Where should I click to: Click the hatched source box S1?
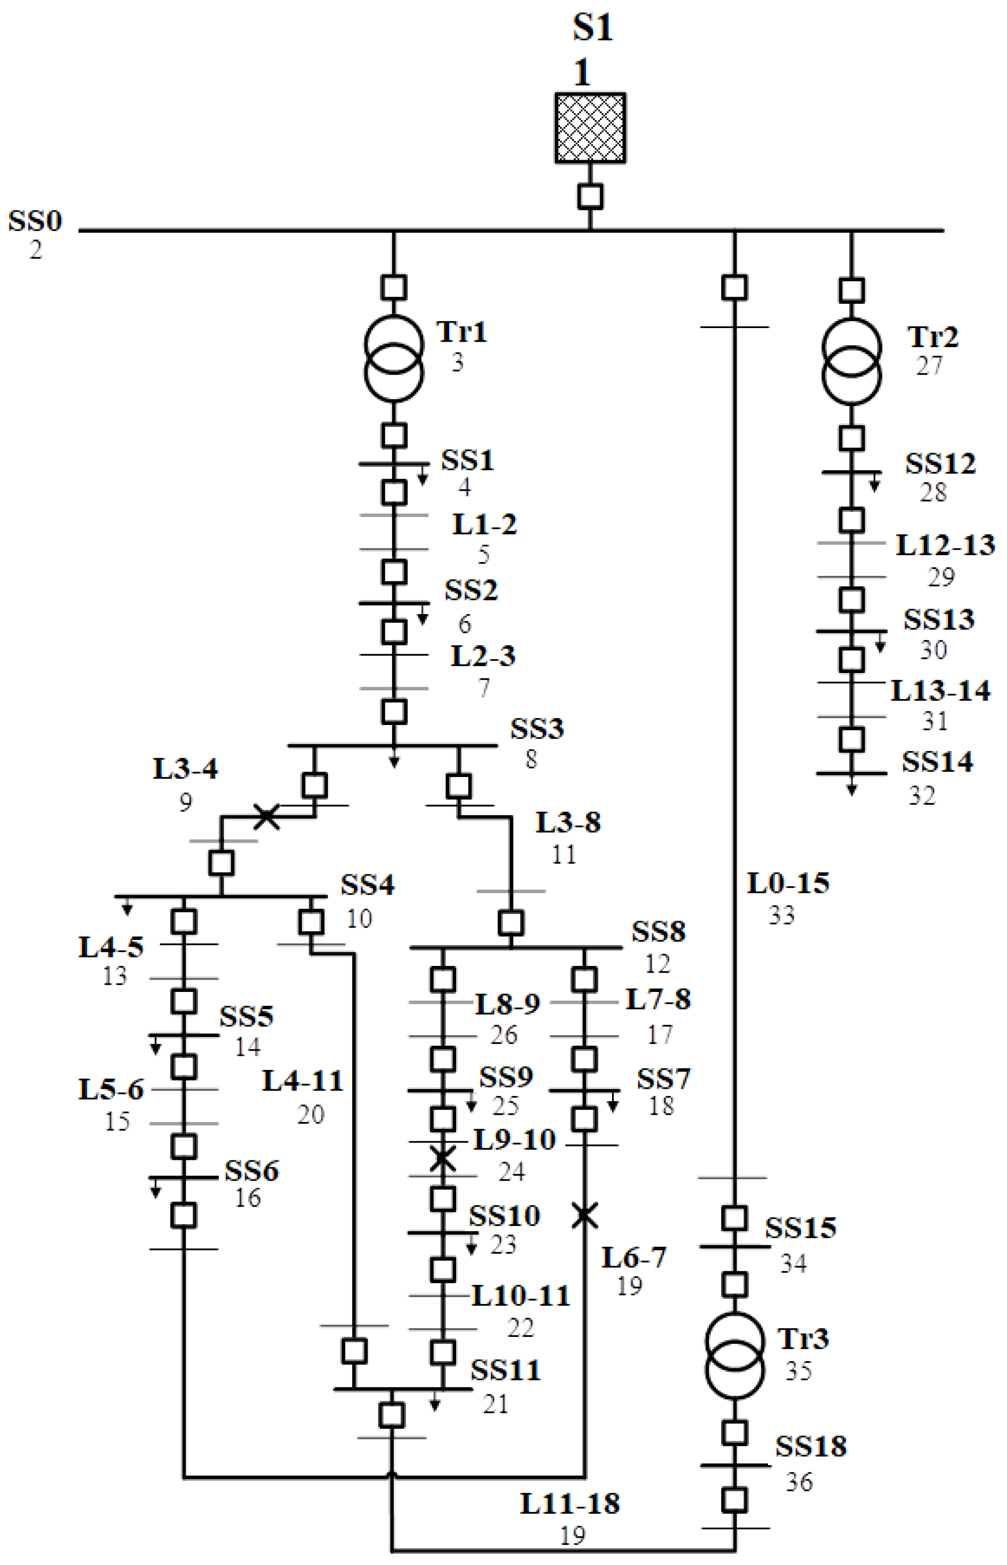(590, 128)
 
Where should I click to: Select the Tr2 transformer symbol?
(851, 361)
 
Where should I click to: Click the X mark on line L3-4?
(266, 817)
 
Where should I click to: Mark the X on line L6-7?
(585, 1216)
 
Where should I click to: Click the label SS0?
(35, 221)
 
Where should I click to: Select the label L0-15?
(788, 883)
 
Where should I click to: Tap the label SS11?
(505, 1370)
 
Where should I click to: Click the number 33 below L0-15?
(781, 915)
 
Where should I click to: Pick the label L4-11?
(303, 1081)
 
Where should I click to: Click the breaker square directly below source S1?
(590, 196)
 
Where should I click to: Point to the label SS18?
(811, 1447)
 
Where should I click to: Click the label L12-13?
(945, 545)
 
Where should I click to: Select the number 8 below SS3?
(531, 759)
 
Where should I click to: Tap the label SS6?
(252, 1171)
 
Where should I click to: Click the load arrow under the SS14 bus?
(851, 788)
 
